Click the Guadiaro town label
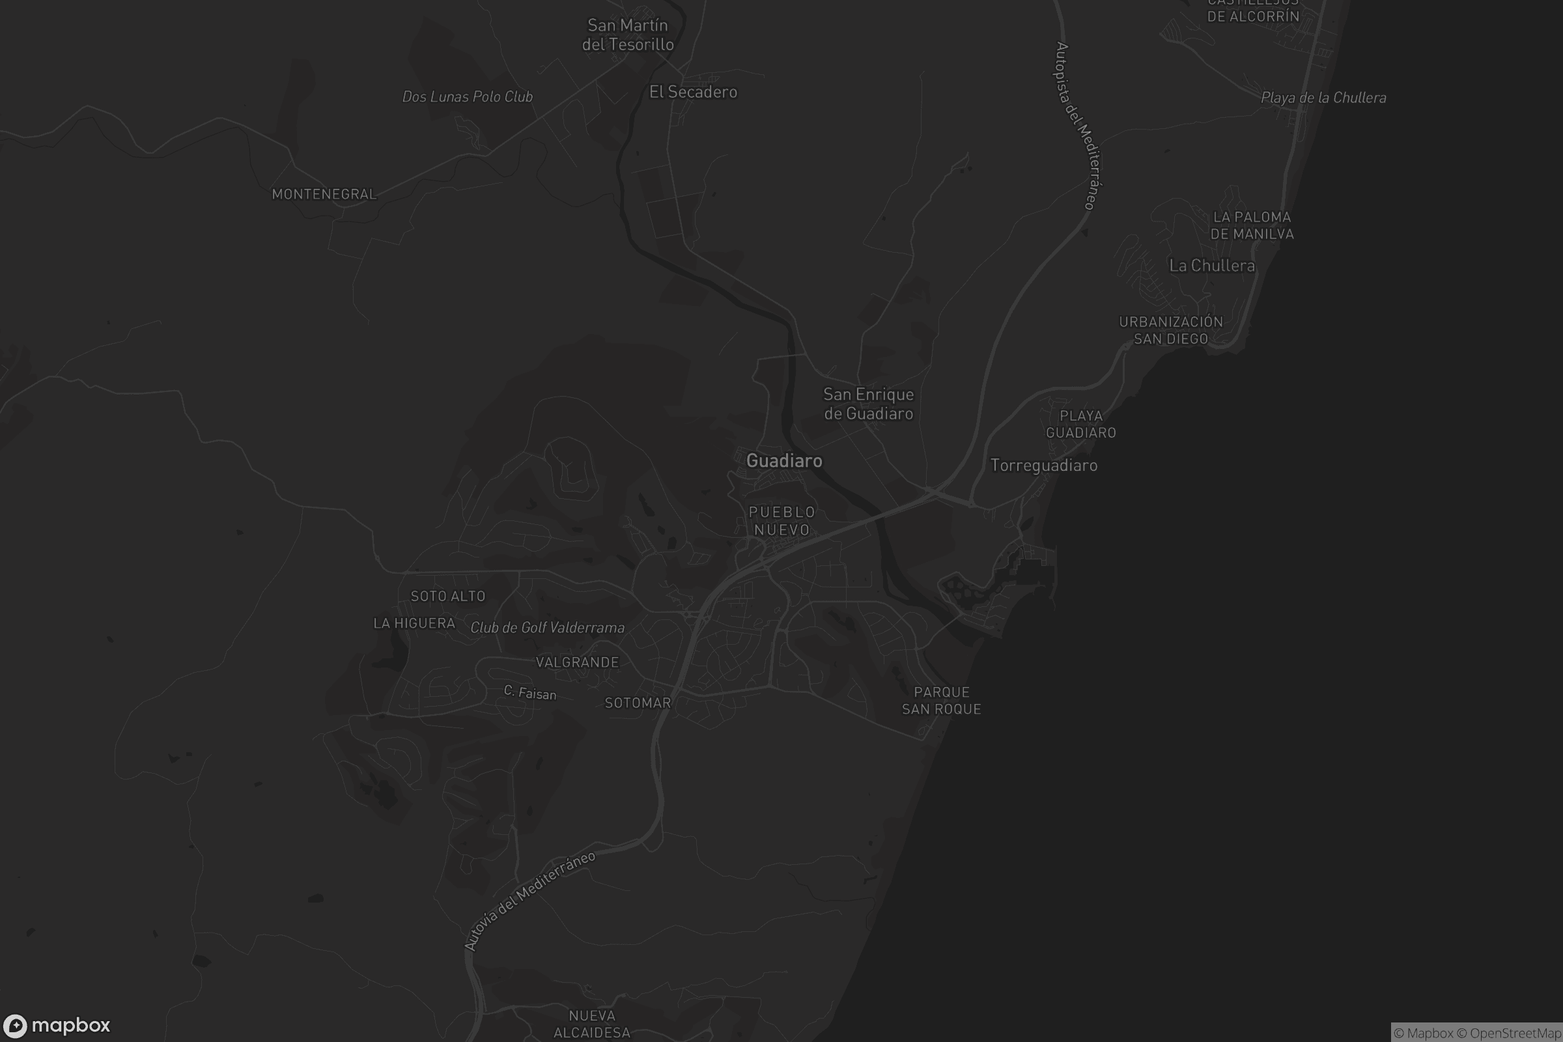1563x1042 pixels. [784, 460]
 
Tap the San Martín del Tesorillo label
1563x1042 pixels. [628, 35]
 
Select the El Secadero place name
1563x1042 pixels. [693, 92]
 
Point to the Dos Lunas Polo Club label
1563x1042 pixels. [467, 96]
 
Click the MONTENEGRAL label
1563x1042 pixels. [324, 194]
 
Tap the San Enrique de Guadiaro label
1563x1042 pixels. [869, 404]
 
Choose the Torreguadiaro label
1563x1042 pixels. [1043, 465]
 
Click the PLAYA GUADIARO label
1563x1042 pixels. [1080, 424]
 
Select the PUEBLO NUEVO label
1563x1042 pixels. [781, 521]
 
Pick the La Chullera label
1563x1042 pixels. [1212, 266]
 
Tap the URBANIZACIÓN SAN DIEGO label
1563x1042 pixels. [1171, 330]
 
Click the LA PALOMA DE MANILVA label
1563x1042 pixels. [1252, 225]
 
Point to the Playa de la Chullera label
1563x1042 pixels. [1323, 98]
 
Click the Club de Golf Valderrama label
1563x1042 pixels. [548, 627]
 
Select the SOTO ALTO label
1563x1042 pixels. [448, 596]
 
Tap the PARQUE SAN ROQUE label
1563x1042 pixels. [941, 701]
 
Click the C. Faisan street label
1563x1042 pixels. [529, 692]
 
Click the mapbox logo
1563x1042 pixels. [57, 1024]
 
